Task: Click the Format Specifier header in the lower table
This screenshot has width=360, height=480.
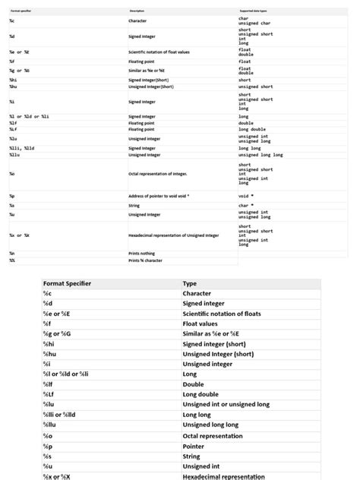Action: pos(67,283)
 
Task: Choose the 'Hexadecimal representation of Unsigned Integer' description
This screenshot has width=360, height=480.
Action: pos(173,235)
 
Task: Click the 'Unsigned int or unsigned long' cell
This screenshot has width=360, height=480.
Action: pos(226,405)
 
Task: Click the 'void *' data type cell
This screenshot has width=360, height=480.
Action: pos(246,196)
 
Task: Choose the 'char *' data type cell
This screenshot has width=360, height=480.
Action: pos(246,205)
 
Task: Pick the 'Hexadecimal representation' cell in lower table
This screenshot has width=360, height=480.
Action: pos(223,476)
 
